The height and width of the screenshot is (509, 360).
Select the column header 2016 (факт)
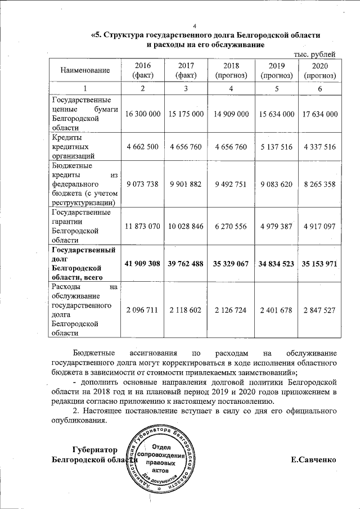(143, 70)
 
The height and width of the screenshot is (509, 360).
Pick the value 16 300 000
(143, 114)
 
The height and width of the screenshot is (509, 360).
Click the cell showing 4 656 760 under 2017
(186, 147)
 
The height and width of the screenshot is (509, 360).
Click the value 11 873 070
(143, 226)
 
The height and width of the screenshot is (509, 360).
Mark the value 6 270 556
(232, 226)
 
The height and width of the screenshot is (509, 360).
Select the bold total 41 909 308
(143, 263)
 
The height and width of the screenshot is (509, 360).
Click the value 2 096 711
(143, 309)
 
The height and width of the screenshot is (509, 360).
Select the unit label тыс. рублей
(316, 54)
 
